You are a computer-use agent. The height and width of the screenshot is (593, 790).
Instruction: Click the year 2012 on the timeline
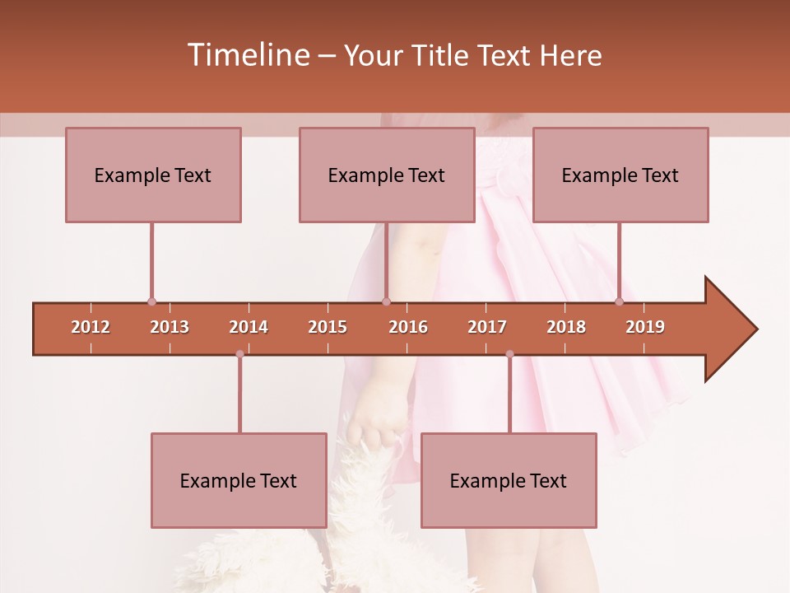[91, 327]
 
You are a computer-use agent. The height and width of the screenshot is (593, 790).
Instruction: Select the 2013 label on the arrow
[170, 327]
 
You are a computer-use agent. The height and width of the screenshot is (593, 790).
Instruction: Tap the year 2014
[249, 327]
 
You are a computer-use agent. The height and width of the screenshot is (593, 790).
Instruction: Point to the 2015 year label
[328, 327]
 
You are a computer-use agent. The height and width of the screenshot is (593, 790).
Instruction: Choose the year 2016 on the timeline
[408, 327]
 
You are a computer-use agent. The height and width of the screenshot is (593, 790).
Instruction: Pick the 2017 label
[487, 327]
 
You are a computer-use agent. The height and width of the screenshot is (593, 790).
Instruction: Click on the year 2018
[566, 327]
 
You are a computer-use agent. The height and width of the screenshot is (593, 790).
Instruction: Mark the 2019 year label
[645, 327]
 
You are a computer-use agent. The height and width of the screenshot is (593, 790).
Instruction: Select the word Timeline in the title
[246, 55]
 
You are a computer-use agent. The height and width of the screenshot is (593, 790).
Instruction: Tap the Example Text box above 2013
[153, 175]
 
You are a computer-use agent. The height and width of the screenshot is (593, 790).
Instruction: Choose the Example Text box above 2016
[387, 175]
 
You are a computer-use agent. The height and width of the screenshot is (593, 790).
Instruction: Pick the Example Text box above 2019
[620, 175]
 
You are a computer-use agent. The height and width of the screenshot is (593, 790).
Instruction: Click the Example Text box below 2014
[239, 480]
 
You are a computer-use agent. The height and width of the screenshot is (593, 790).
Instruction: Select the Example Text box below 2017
[509, 480]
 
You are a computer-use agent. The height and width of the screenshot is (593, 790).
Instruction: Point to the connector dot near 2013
[151, 302]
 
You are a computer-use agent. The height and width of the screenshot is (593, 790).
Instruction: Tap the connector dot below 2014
[239, 354]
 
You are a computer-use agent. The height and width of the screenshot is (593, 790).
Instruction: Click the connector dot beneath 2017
[509, 354]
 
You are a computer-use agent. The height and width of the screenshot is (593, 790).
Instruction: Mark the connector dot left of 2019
[620, 302]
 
